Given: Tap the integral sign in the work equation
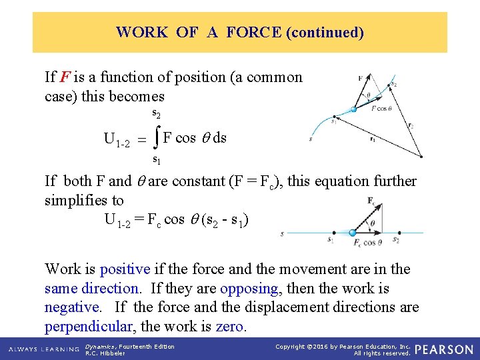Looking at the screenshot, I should [x=155, y=138].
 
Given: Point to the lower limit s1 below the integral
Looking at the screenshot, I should [x=156, y=159].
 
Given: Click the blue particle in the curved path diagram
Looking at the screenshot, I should [x=353, y=109].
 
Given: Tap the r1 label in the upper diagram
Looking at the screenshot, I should [x=372, y=140].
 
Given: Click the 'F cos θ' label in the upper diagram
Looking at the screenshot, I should [x=381, y=107].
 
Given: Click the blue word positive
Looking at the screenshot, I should [x=124, y=269].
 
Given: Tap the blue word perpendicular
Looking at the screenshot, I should [x=86, y=327].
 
